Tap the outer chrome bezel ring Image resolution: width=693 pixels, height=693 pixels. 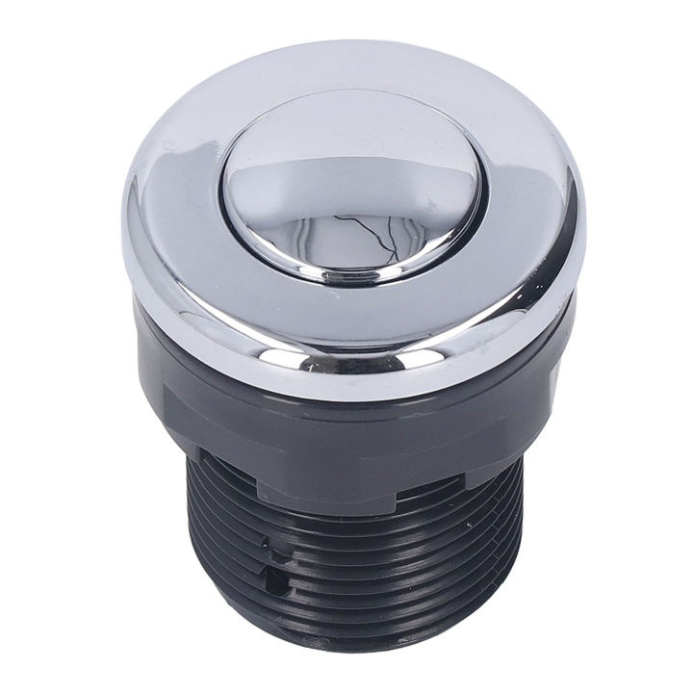point(192,269)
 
